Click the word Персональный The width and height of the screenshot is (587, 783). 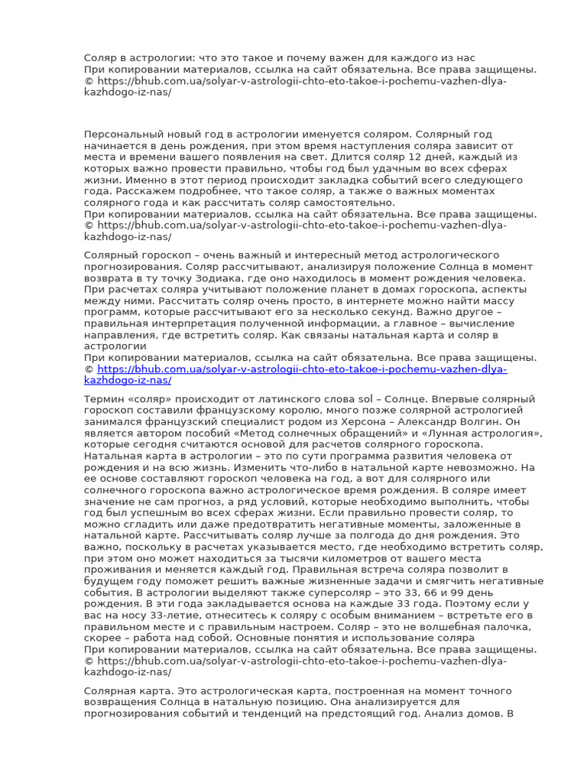122,134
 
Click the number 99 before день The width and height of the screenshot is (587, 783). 461,592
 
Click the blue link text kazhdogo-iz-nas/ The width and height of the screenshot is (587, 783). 128,380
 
